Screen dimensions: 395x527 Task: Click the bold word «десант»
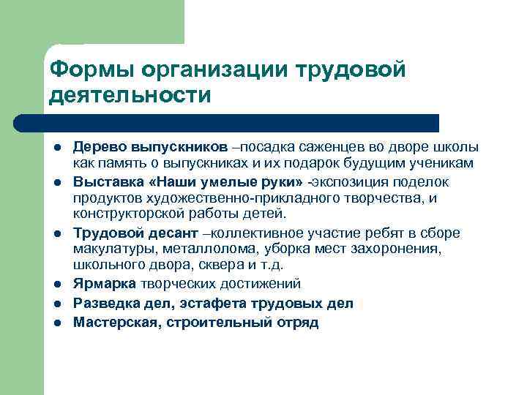(173, 233)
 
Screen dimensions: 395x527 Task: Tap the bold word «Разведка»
(104, 303)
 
